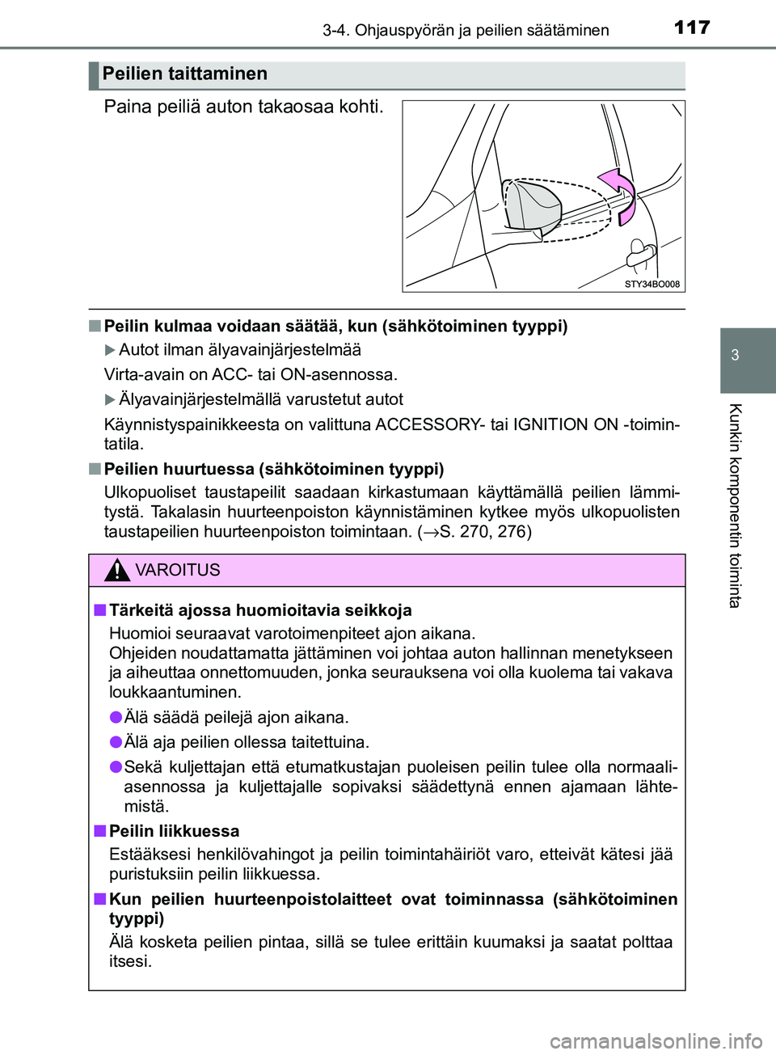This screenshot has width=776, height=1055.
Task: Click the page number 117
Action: coord(692,27)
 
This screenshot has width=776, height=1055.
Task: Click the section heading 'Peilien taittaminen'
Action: coord(185,74)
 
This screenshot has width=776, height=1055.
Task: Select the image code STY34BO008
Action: coord(652,285)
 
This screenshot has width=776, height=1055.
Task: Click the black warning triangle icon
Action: coord(117,571)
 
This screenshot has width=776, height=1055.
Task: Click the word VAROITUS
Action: coord(178,571)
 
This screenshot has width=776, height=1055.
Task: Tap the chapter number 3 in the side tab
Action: coord(735,355)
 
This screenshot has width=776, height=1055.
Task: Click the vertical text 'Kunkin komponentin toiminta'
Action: coord(735,505)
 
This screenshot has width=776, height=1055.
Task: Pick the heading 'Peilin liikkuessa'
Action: coord(174,832)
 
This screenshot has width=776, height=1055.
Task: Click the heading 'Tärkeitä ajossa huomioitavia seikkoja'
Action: coord(260,610)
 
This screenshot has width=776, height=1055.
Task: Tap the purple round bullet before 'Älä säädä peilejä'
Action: coord(116,717)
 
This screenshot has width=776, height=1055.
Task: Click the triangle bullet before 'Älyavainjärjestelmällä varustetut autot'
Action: coord(111,399)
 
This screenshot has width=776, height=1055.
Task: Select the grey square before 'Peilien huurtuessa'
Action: coord(95,469)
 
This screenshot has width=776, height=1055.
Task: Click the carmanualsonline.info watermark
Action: coord(656,1041)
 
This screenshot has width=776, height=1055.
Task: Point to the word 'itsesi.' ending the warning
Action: coord(130,961)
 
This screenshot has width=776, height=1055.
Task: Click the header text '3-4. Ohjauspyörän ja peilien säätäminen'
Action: coord(466,31)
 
